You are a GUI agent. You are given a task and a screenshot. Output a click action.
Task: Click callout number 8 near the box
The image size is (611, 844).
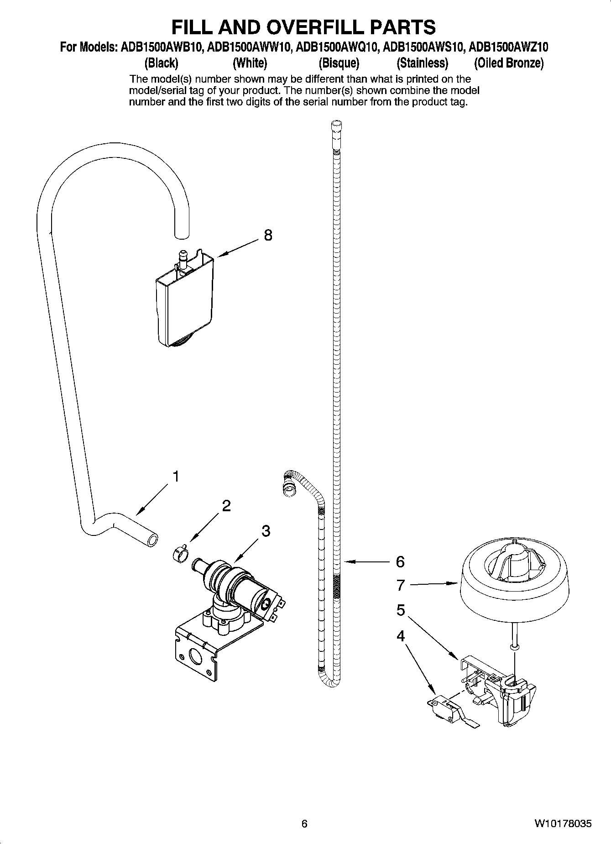268,236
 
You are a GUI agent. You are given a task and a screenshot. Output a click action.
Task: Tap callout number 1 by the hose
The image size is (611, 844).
175,477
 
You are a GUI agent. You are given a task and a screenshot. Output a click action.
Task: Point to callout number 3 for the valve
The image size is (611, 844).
266,531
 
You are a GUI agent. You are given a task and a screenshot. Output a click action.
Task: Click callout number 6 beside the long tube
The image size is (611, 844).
400,562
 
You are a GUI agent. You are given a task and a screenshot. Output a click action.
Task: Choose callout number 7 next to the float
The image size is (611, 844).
401,585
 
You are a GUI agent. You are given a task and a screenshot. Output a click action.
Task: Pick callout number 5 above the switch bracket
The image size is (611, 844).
401,610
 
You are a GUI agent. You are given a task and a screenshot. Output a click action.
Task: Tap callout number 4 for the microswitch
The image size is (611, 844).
401,636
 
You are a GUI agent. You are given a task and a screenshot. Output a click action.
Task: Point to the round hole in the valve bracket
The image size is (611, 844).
196,658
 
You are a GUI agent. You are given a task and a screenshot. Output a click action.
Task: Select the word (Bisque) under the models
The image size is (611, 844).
339,63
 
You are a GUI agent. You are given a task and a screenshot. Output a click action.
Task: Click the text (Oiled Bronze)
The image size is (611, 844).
508,63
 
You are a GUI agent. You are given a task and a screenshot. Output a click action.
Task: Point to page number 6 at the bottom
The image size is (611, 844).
304,823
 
